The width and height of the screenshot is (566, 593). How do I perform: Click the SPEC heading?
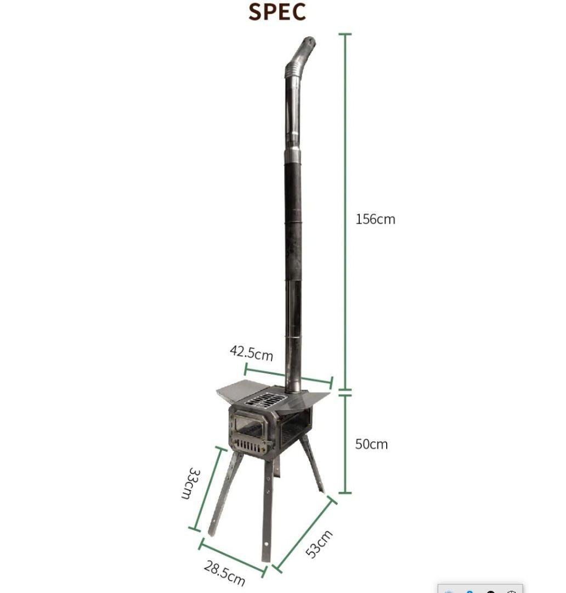277,12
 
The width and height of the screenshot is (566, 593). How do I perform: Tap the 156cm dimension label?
375,219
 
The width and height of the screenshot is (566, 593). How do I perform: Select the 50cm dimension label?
371,444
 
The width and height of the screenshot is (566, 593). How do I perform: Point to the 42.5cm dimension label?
251,353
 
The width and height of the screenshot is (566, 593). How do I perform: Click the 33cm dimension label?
191,483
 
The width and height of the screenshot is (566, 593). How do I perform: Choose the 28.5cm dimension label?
224,573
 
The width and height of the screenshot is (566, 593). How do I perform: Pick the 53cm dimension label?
319,544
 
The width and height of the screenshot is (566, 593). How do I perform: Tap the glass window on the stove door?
249,424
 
